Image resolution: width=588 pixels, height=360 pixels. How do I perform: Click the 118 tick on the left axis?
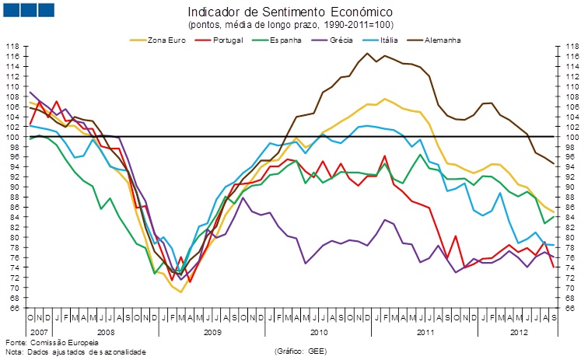point(13,47)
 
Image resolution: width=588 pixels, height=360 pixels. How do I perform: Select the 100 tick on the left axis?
point(13,137)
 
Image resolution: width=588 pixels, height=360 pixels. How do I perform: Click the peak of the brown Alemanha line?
point(367,53)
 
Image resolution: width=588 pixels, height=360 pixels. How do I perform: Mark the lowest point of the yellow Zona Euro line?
point(181,292)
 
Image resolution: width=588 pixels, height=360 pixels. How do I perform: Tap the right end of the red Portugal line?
point(553,267)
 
